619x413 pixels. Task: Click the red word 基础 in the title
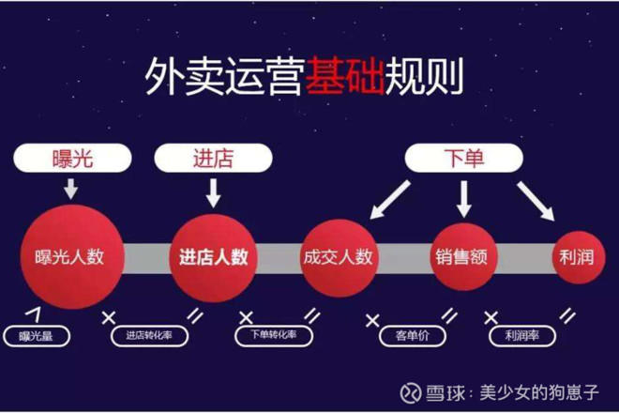click(344, 76)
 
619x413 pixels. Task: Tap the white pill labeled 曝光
click(72, 158)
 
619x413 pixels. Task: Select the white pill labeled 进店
click(213, 158)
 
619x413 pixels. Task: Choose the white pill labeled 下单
click(464, 158)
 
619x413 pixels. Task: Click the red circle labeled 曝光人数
click(72, 257)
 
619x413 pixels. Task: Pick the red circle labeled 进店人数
click(213, 258)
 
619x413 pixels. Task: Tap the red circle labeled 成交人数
click(339, 258)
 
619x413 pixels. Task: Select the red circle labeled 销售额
click(461, 257)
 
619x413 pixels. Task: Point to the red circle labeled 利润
click(578, 257)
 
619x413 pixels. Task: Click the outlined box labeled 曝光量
click(37, 336)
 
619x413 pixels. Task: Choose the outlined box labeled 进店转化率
click(149, 336)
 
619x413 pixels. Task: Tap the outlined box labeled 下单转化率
click(274, 335)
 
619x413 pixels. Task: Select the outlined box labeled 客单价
click(413, 336)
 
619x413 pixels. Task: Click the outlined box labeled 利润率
click(522, 336)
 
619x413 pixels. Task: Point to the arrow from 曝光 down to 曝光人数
click(71, 189)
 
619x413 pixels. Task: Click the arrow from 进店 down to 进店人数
click(213, 192)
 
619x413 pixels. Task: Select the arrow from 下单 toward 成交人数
click(389, 200)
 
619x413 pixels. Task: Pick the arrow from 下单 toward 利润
click(536, 201)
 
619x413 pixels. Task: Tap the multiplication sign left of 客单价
click(372, 320)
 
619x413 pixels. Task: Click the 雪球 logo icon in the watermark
click(410, 393)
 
